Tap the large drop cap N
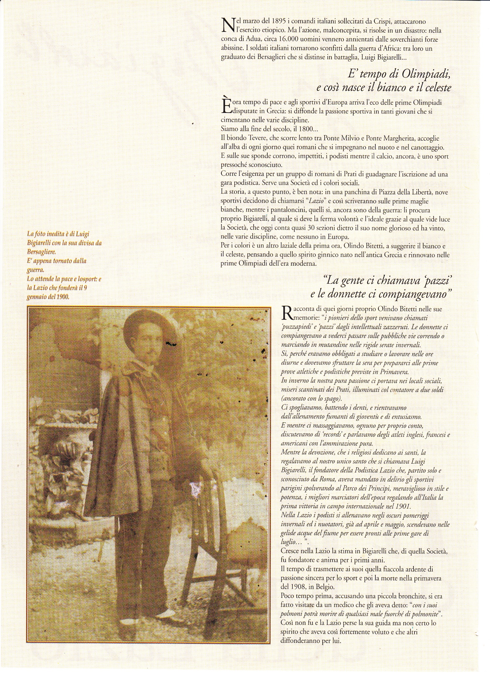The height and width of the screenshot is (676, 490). click(x=227, y=25)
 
